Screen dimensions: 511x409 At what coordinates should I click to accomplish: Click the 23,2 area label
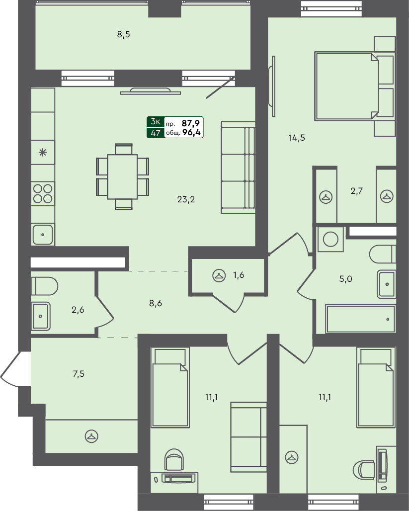tap(186, 200)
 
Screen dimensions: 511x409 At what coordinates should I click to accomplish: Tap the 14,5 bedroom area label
tap(296, 138)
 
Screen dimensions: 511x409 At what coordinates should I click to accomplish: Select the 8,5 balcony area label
tap(123, 35)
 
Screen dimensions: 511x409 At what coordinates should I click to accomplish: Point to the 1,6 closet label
tap(239, 275)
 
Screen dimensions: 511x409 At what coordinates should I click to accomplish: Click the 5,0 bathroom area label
tap(345, 279)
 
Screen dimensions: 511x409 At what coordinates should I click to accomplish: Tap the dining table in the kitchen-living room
tap(122, 176)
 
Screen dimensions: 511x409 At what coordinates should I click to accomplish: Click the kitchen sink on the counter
tap(43, 234)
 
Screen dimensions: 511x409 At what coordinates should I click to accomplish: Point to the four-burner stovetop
tap(43, 193)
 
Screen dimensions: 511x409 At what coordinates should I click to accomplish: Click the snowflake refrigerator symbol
tap(43, 153)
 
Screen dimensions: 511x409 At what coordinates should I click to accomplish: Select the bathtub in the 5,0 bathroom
tap(361, 319)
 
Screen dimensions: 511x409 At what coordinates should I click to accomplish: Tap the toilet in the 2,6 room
tap(44, 286)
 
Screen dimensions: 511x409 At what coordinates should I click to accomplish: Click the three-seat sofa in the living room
tap(238, 168)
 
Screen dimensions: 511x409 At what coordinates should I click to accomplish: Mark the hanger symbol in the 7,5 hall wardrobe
tap(91, 436)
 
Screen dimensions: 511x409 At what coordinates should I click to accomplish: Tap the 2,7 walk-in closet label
tap(356, 191)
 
